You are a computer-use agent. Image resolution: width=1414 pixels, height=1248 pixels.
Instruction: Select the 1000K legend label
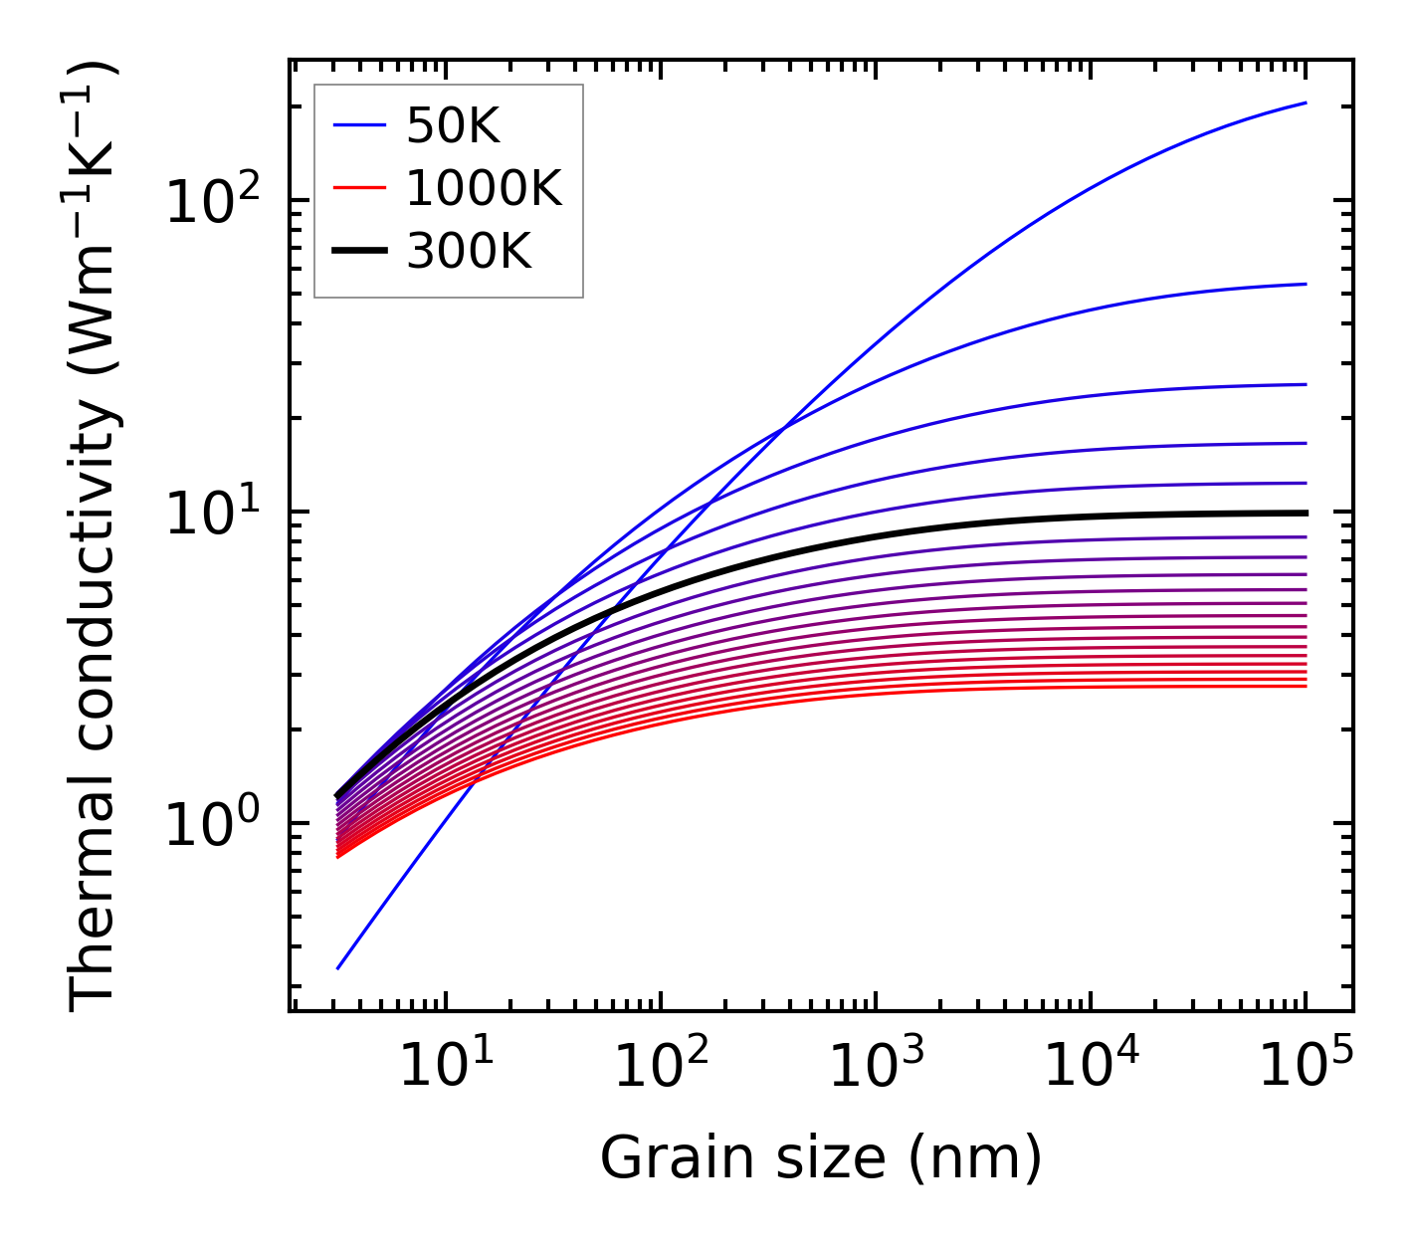tap(484, 188)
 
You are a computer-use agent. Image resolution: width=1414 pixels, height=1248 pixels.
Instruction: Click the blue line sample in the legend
tap(358, 125)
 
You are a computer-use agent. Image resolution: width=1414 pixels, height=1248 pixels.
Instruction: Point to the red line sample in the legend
tap(358, 188)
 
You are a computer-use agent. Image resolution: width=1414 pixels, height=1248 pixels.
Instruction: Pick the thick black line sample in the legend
tap(358, 252)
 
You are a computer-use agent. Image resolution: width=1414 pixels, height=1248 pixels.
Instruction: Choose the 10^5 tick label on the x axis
tap(1305, 1067)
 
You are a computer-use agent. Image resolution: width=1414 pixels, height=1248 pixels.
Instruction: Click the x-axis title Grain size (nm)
tap(821, 1158)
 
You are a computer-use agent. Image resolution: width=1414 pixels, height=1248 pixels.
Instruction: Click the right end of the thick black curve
tap(1305, 513)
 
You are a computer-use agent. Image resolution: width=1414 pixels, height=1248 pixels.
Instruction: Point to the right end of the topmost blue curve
tap(1305, 103)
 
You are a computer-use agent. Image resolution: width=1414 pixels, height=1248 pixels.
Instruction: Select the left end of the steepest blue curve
tap(338, 967)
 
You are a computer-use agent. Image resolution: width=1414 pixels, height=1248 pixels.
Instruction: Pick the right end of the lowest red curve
tap(1305, 686)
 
